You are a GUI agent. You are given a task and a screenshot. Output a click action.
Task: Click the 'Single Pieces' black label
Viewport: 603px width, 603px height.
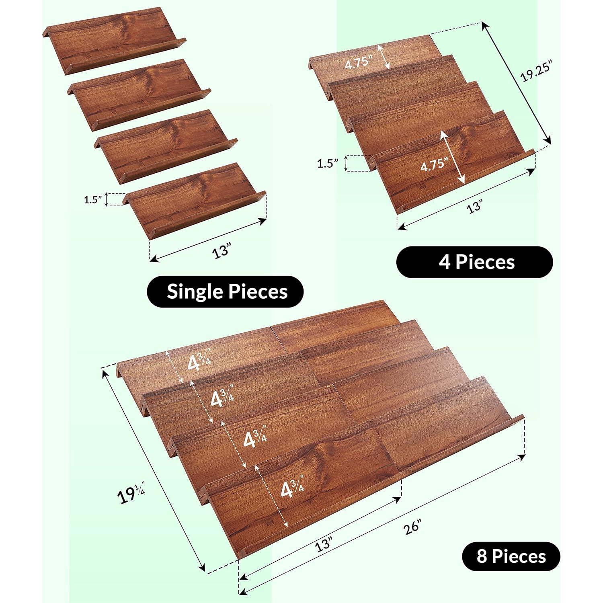[x=227, y=291]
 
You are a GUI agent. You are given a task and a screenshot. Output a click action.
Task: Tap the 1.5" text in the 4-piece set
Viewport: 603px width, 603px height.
[x=328, y=164]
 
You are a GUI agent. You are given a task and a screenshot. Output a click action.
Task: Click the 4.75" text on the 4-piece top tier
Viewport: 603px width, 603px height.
[x=359, y=65]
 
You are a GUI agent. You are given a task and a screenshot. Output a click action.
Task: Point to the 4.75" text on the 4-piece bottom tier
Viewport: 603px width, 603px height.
[x=434, y=164]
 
